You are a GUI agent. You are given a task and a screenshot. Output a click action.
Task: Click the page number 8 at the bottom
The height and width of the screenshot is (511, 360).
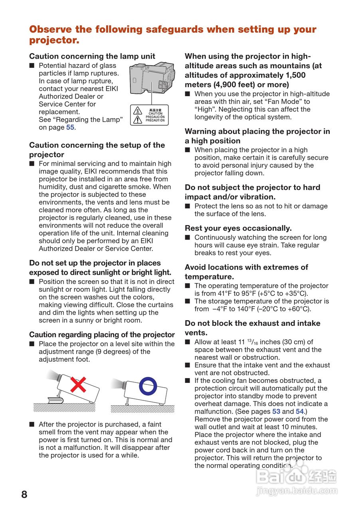pyautogui.click(x=24, y=495)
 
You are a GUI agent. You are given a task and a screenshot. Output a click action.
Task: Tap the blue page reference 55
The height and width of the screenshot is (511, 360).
pyautogui.click(x=70, y=127)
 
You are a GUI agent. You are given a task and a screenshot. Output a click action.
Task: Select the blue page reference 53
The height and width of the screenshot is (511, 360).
pyautogui.click(x=276, y=411)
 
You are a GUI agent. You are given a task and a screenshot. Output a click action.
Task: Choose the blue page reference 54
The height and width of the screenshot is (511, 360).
pyautogui.click(x=300, y=411)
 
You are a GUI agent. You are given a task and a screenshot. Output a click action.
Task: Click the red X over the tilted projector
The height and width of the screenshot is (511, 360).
pyautogui.click(x=78, y=384)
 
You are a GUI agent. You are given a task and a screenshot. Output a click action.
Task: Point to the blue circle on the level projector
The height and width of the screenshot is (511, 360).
pyautogui.click(x=148, y=385)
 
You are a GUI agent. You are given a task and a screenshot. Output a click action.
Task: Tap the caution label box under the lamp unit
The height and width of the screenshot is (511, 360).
pyautogui.click(x=149, y=115)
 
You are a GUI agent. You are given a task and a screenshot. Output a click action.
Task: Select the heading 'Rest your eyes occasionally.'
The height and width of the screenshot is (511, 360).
pyautogui.click(x=238, y=228)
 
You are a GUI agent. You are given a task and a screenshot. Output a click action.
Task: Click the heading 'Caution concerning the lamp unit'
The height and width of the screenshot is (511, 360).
pyautogui.click(x=92, y=56)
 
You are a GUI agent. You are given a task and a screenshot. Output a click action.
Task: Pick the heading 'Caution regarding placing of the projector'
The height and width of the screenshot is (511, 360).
pyautogui.click(x=102, y=335)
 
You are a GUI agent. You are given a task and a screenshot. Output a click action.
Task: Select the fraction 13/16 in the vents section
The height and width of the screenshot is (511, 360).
pyautogui.click(x=251, y=342)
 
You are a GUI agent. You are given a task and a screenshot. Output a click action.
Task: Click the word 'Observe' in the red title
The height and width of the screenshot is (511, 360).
pyautogui.click(x=51, y=30)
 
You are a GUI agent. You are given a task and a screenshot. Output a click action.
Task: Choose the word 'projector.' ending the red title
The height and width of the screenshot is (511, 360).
pyautogui.click(x=54, y=40)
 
